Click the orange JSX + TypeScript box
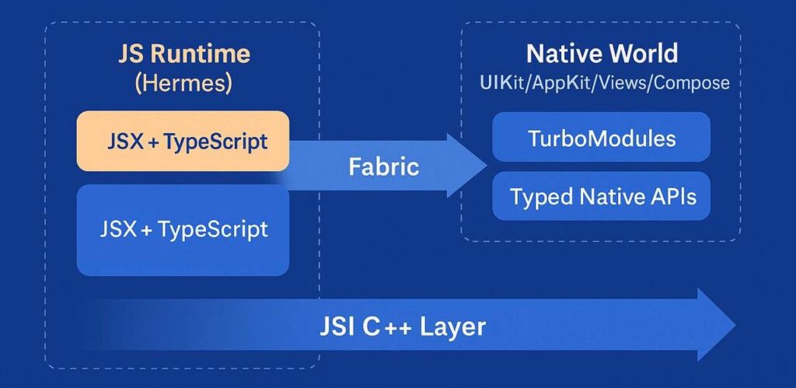(x=183, y=142)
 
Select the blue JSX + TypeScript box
(x=183, y=230)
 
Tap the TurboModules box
(x=602, y=139)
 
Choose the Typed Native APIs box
(x=602, y=196)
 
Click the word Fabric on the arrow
(x=384, y=166)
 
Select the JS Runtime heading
(x=183, y=54)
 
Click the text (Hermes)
(x=183, y=83)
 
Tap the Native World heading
(x=602, y=54)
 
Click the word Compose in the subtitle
(x=690, y=82)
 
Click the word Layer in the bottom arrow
(x=452, y=326)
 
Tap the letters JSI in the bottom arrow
(x=338, y=326)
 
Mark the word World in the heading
(x=641, y=54)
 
